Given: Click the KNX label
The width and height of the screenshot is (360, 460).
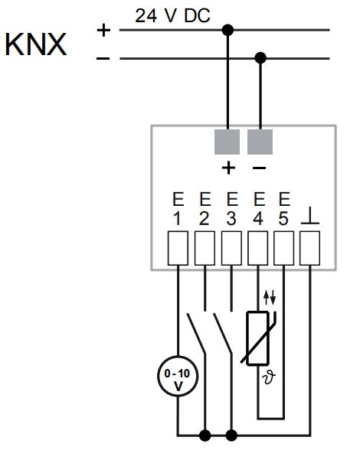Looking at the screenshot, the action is (x=36, y=44).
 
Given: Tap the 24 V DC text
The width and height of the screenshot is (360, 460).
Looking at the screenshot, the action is (x=172, y=15).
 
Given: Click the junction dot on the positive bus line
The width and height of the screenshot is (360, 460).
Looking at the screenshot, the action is (x=227, y=30).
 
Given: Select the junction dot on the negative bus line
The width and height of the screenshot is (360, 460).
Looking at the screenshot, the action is (x=260, y=58).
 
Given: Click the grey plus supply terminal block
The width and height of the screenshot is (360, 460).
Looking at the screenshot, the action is (x=227, y=142).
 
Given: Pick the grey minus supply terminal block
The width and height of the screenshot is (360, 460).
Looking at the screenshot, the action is (x=260, y=142).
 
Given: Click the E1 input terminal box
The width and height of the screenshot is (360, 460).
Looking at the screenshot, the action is (x=178, y=248).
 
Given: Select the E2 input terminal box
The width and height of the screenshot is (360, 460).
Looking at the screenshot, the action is (x=205, y=248).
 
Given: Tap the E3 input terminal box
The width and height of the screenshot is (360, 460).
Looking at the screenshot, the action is (x=231, y=248).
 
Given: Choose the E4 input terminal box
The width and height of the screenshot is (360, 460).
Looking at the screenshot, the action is (x=258, y=248).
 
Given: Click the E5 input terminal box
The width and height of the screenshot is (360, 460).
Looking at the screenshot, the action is (x=284, y=248).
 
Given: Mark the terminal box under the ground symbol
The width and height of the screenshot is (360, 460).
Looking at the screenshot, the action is (x=309, y=248).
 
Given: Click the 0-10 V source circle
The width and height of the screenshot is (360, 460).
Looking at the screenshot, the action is (x=178, y=377).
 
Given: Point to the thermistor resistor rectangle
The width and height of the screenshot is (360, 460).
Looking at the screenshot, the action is (x=257, y=338).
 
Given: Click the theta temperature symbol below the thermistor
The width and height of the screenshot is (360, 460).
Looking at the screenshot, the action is (x=270, y=377).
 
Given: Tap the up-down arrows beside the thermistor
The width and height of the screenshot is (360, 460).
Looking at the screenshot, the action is (x=270, y=298).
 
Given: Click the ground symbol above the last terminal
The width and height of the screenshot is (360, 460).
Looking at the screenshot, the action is (x=309, y=216).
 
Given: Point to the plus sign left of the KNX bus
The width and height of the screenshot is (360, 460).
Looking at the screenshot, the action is (x=103, y=30).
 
